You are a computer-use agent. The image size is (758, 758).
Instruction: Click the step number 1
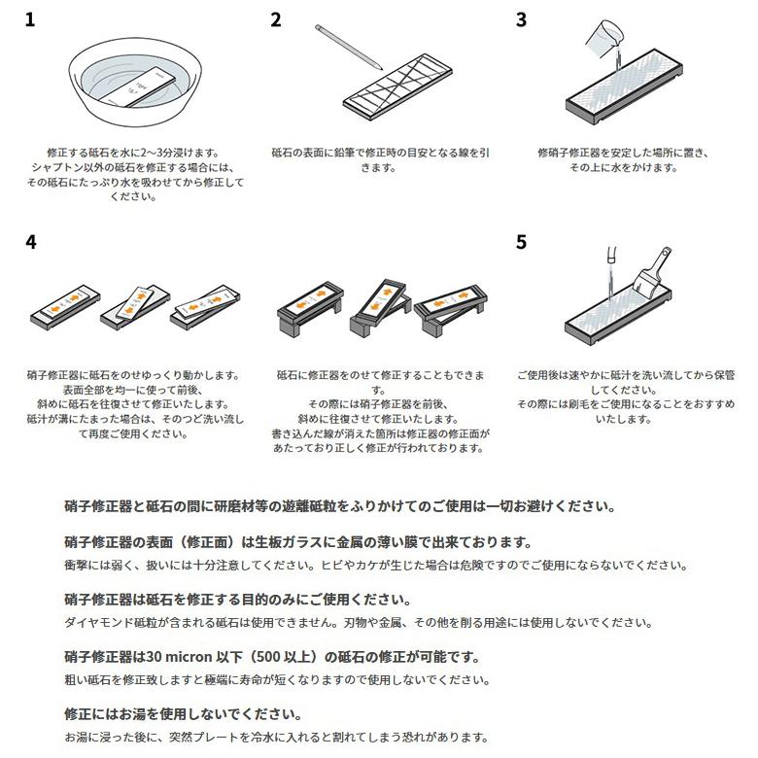click(30, 18)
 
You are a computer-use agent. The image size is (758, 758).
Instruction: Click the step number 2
click(276, 18)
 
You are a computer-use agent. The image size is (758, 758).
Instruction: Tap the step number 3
click(521, 18)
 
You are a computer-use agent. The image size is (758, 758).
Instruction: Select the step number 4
click(30, 241)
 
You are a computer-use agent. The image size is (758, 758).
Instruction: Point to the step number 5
click(521, 241)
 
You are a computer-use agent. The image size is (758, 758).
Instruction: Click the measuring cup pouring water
click(600, 37)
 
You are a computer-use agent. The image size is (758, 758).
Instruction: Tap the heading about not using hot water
click(183, 713)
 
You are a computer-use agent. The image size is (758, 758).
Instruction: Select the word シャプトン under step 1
click(55, 167)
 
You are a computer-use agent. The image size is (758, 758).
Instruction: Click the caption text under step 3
click(623, 160)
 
